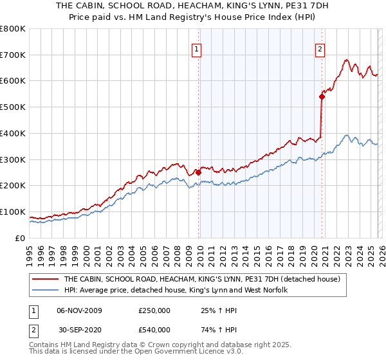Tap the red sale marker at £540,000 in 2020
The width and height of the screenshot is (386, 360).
[x=322, y=97]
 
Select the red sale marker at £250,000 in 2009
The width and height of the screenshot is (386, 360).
[x=199, y=172]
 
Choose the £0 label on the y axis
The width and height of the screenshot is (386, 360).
[x=20, y=238]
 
